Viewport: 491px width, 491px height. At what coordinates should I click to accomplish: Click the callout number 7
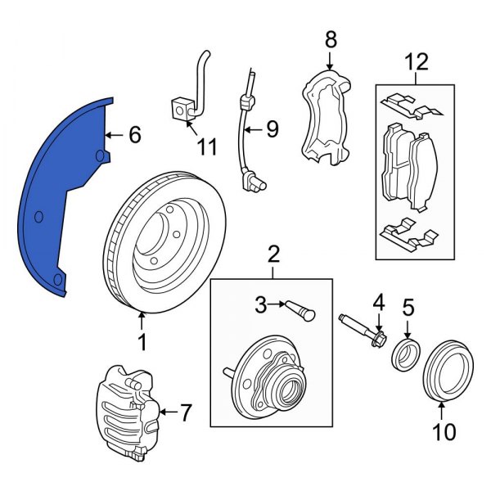point(186,413)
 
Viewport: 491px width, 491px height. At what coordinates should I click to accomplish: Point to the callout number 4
point(378,304)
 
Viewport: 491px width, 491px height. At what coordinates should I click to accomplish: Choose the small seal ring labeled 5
point(403,353)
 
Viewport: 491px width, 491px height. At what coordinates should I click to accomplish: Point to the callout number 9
point(272,128)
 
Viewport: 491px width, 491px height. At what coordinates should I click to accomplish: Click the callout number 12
point(415,61)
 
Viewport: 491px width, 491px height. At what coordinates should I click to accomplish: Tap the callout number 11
point(207,147)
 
